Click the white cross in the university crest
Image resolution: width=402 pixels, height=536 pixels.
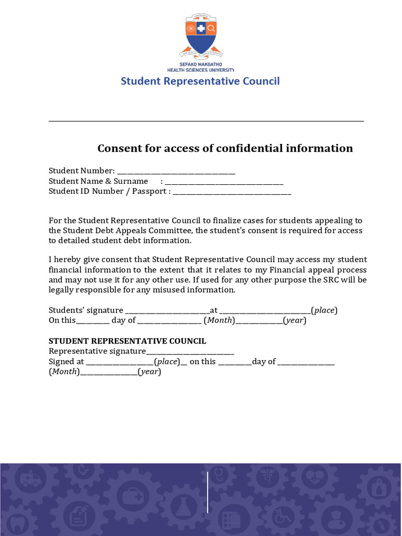tap(201, 28)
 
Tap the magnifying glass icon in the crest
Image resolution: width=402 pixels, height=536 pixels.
tap(211, 28)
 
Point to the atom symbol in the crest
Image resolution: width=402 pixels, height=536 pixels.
tap(191, 28)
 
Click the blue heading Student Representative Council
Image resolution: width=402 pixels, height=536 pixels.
tap(200, 81)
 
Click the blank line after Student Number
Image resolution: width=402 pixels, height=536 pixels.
tap(176, 172)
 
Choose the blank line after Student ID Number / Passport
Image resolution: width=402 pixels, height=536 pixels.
tap(232, 193)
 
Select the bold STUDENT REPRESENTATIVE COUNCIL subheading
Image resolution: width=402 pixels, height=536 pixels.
tap(127, 341)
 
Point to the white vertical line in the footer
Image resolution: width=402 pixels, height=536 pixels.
tap(208, 492)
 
